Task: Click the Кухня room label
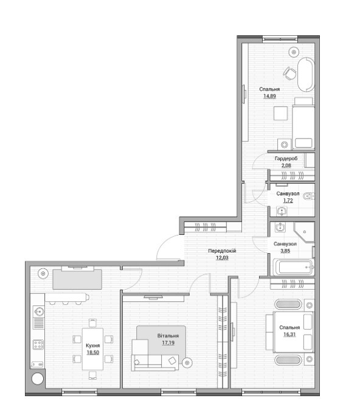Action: coord(93,346)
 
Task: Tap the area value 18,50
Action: coord(93,352)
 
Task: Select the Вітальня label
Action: coord(168,336)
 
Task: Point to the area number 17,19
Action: coord(168,343)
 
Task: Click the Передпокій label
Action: coord(222,251)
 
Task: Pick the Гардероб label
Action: coord(286,159)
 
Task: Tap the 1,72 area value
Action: coord(288,201)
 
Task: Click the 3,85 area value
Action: coord(285,251)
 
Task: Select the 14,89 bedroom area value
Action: coord(269,96)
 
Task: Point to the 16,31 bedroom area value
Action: coord(289,334)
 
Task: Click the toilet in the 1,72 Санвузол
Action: coord(308,197)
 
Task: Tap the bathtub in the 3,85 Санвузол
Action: coord(293,267)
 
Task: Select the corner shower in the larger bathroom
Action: coord(304,232)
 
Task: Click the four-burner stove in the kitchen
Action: coord(38,344)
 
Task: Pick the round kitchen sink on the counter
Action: coord(39,312)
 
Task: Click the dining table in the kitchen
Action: coord(92,349)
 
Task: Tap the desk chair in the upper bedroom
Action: coord(289,73)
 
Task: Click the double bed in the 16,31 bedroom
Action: coord(293,332)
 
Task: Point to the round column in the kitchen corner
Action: coord(38,378)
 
